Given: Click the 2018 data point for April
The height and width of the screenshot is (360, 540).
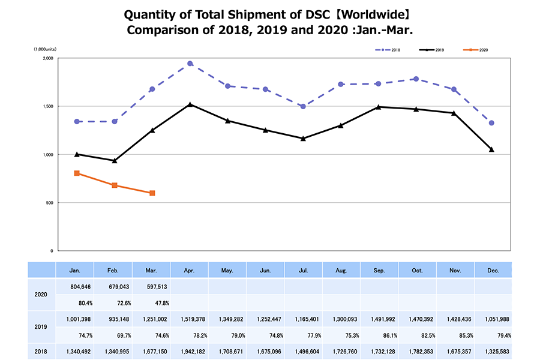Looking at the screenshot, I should [190, 64].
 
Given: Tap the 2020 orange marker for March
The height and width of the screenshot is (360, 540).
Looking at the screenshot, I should [152, 193].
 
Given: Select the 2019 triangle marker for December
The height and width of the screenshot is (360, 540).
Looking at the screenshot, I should [491, 149].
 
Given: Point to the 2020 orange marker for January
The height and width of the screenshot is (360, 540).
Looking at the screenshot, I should [77, 173].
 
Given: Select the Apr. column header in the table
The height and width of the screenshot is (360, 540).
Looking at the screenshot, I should [190, 271].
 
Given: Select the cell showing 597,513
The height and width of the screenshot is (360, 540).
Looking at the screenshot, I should [152, 287].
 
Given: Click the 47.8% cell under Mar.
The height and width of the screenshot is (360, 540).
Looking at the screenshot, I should [152, 303].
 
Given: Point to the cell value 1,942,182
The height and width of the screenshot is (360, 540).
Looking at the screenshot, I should [190, 351].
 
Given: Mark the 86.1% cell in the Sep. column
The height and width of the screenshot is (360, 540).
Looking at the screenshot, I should [379, 335].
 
